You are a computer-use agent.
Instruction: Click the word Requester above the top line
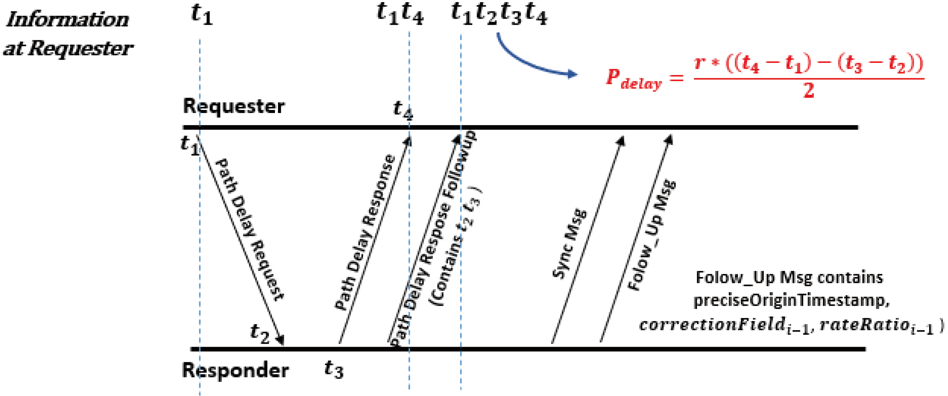click(x=234, y=106)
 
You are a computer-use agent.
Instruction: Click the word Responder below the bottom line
click(x=235, y=370)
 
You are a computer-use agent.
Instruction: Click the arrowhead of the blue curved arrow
click(x=572, y=74)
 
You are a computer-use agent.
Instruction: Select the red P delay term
click(x=633, y=79)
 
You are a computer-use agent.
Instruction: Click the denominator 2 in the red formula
click(x=809, y=91)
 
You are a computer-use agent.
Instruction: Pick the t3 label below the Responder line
click(x=334, y=369)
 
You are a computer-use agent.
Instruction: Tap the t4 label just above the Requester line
click(x=403, y=109)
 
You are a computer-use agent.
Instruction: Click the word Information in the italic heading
click(x=68, y=20)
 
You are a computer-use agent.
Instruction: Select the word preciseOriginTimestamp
click(x=790, y=301)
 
